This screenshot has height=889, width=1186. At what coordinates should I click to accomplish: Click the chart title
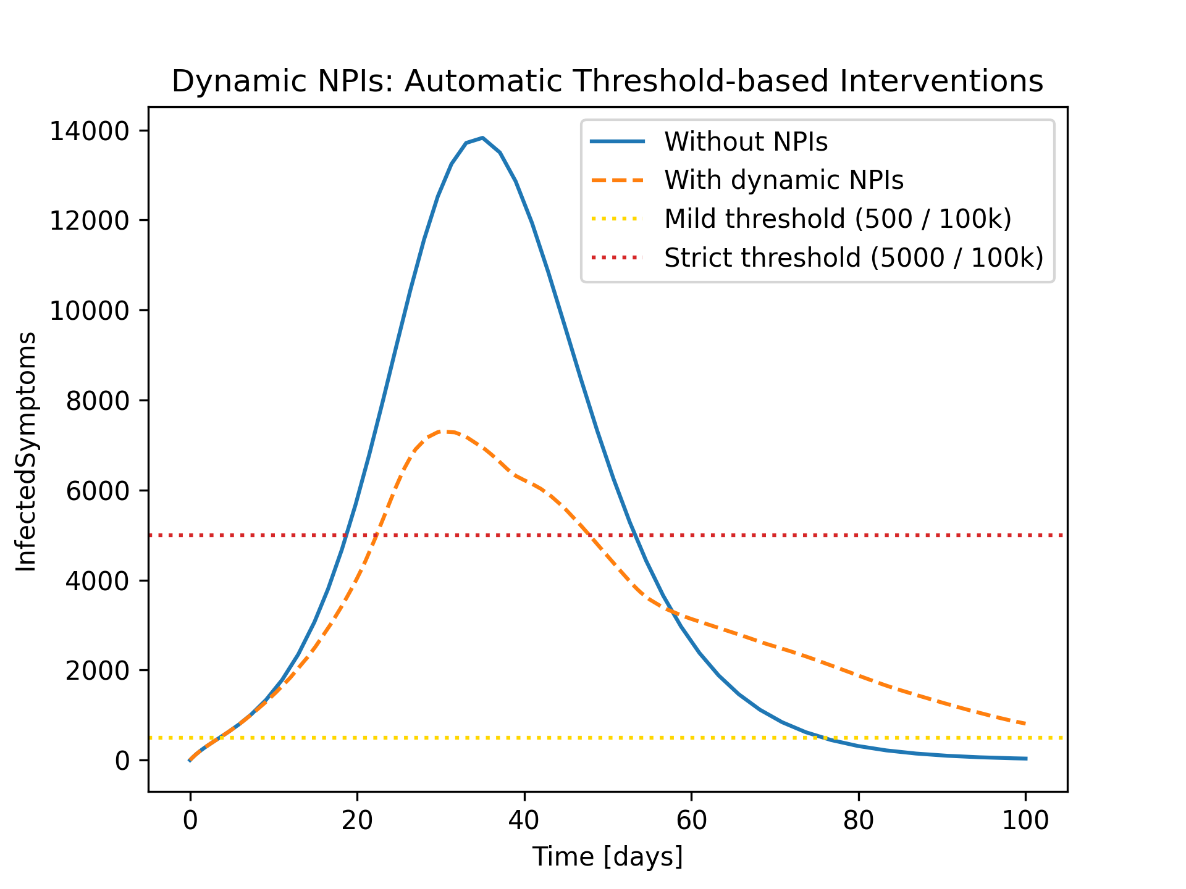607,81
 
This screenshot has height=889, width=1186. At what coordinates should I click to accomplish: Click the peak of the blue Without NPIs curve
482,138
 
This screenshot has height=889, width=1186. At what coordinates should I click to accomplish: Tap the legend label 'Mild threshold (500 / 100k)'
838,219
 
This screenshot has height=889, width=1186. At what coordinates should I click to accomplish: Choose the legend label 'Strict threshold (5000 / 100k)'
854,257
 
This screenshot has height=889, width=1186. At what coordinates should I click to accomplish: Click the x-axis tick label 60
691,820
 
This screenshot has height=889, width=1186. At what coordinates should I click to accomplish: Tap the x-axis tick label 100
1025,820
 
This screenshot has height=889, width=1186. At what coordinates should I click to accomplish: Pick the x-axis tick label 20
357,820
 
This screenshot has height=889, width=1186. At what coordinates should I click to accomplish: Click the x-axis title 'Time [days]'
608,857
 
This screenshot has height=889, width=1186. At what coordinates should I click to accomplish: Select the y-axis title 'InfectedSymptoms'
26,451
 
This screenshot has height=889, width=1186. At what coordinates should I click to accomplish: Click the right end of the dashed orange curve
1025,724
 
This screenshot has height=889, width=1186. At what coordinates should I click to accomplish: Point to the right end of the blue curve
1026,759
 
